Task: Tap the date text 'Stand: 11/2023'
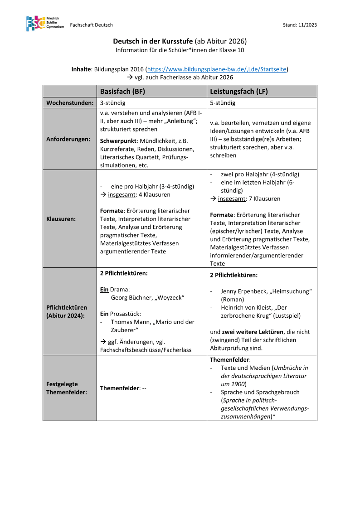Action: pyautogui.click(x=300, y=25)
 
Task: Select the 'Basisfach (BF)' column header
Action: pyautogui.click(x=122, y=91)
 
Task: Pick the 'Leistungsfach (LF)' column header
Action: pyautogui.click(x=239, y=91)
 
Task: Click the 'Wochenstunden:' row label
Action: pyautogui.click(x=70, y=103)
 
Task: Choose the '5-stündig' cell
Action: pyautogui.click(x=223, y=103)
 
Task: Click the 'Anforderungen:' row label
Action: pyautogui.click(x=68, y=139)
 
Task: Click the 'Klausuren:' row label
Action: pyautogui.click(x=61, y=219)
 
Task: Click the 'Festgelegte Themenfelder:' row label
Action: pyautogui.click(x=67, y=388)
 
